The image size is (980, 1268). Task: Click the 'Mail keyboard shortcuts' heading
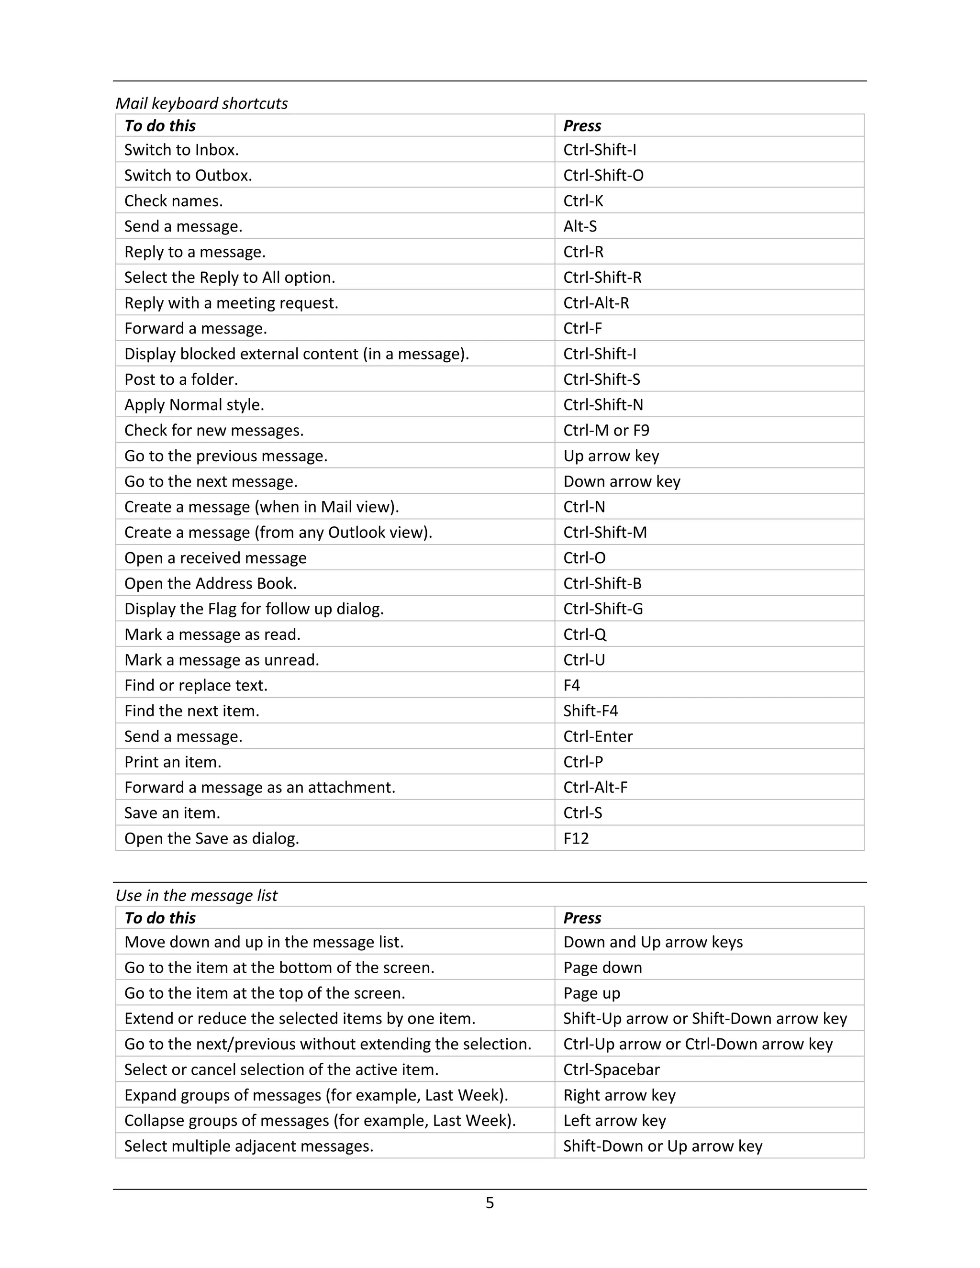pos(201,103)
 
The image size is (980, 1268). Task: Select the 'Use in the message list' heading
pos(196,895)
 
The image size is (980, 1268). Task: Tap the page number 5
pos(490,1202)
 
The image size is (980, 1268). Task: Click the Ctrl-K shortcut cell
pos(583,201)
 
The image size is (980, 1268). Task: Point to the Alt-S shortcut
pos(579,226)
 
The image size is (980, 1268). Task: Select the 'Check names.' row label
pos(174,201)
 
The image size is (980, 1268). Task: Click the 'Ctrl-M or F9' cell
pos(606,430)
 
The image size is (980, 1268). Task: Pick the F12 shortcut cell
pos(576,838)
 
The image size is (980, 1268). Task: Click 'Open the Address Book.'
pos(210,583)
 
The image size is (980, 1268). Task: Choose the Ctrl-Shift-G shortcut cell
pos(602,609)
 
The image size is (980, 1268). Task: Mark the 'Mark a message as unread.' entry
pos(221,660)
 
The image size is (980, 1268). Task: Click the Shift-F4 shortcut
pos(590,711)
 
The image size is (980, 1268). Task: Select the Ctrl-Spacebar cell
pos(612,1069)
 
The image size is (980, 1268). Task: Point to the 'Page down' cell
pos(602,967)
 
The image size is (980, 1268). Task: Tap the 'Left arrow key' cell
pos(614,1121)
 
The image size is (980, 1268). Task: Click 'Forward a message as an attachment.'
pos(259,787)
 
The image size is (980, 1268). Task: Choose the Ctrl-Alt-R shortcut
pos(596,303)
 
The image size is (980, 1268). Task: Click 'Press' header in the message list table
pos(582,918)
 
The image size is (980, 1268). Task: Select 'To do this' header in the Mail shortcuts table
pos(160,126)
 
